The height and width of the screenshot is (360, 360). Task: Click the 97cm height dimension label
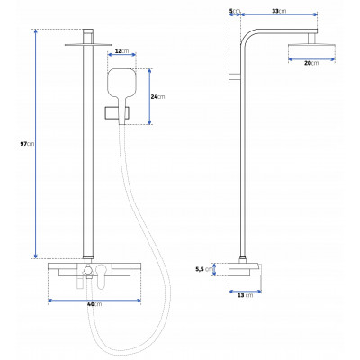coord(27,144)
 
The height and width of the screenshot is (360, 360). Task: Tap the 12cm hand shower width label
coord(121,51)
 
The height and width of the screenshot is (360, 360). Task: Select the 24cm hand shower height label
coord(157,96)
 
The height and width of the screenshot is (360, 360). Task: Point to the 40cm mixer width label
coord(94,304)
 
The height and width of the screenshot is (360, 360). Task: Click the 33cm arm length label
coord(279,11)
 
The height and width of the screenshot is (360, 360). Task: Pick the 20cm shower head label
coord(311,63)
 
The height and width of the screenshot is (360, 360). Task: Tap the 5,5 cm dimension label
coord(204,269)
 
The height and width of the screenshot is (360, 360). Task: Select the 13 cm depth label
coord(245,295)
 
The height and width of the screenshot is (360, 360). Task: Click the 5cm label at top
coord(235,11)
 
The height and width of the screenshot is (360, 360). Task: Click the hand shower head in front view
coord(121,84)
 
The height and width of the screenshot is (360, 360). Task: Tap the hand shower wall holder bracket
coord(117,113)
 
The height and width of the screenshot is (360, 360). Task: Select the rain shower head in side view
coord(311,49)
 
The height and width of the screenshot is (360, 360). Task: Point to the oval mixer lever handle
coord(102,276)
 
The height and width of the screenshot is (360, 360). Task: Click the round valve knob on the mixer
coord(88,270)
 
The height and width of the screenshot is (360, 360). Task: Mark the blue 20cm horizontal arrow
coord(311,59)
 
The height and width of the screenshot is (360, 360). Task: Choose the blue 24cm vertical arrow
coord(149,96)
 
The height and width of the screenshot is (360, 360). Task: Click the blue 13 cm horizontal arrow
coord(245,292)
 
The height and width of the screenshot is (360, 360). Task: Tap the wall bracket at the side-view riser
coord(235,76)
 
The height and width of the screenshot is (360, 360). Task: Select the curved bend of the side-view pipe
coord(247,34)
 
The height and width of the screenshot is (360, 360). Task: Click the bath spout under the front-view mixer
coord(79,283)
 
